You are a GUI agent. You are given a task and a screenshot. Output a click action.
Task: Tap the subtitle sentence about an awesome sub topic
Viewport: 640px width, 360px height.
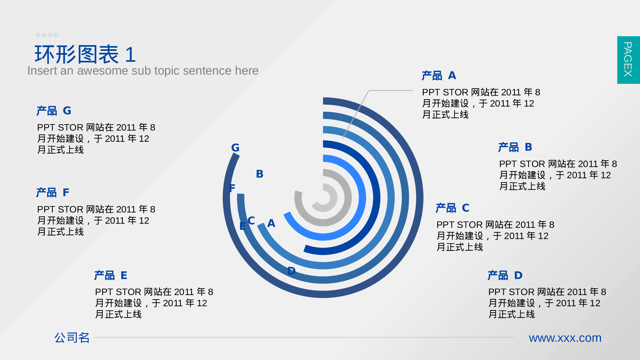(143, 71)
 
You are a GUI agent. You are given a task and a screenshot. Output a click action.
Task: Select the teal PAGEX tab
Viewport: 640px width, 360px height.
(628, 60)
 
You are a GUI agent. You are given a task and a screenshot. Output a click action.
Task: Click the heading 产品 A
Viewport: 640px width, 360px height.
(439, 76)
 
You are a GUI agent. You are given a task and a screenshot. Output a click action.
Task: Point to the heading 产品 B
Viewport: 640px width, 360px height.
(515, 147)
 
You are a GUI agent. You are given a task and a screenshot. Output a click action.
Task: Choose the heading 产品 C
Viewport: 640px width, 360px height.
(452, 208)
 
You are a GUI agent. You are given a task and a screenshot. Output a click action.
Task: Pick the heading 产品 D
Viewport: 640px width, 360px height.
(505, 275)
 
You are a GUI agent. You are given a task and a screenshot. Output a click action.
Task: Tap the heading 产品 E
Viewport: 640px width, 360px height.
(111, 275)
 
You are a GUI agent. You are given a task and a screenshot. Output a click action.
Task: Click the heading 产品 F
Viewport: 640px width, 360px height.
(52, 192)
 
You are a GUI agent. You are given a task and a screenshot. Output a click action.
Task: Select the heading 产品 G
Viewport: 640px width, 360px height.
(54, 111)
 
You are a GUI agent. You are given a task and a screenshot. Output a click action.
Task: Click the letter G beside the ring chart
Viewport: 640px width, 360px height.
(235, 148)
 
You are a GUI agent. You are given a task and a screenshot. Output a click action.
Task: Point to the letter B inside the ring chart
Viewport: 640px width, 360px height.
(260, 174)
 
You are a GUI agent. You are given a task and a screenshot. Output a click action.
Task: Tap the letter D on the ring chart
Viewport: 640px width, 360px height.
(291, 271)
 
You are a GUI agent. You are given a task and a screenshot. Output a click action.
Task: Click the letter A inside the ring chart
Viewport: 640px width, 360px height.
(271, 223)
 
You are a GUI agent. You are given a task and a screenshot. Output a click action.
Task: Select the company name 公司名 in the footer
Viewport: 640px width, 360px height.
(72, 338)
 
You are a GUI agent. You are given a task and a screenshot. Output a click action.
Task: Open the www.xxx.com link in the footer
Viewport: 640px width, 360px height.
(565, 338)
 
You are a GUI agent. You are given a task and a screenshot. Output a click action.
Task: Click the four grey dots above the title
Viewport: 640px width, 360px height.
(47, 35)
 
